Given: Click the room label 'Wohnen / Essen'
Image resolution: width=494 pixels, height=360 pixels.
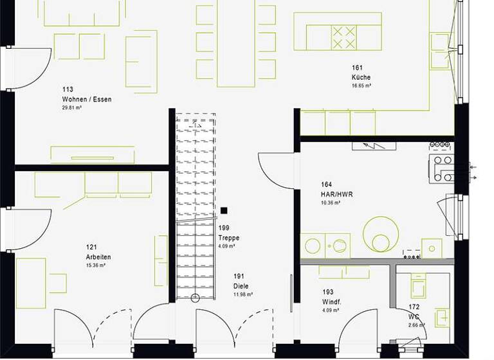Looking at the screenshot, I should click(x=86, y=99).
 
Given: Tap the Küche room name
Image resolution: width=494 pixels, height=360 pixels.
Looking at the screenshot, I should click(x=361, y=77).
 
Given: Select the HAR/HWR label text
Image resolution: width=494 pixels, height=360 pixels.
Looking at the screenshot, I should click(x=336, y=194).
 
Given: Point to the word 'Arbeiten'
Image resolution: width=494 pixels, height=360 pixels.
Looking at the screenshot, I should click(x=98, y=256).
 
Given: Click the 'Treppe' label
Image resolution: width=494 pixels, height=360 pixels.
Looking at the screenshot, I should click(x=228, y=237).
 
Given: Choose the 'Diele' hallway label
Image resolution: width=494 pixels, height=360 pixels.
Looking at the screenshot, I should click(x=241, y=286).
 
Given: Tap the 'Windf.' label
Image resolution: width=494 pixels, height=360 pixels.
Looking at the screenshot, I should click(x=331, y=302).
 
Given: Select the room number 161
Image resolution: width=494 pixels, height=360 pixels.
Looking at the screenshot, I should click(x=357, y=67).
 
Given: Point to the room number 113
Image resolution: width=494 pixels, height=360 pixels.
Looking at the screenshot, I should click(x=68, y=89).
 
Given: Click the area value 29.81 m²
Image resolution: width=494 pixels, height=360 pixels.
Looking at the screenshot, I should click(x=71, y=108).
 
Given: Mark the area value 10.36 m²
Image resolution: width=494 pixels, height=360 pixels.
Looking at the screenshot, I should click(x=331, y=203).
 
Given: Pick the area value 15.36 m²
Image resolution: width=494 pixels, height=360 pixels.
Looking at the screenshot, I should click(x=96, y=265).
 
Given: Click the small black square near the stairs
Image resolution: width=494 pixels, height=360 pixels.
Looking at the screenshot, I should click(x=224, y=210).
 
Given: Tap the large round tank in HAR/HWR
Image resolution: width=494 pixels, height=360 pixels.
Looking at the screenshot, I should click(x=381, y=234).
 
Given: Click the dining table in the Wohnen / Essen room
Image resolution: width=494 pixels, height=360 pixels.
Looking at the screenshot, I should click(x=235, y=44).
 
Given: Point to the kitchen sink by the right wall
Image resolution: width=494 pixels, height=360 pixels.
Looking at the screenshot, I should click(x=441, y=51).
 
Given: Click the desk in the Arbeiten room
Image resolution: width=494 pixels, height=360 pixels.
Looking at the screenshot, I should click(x=31, y=283).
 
